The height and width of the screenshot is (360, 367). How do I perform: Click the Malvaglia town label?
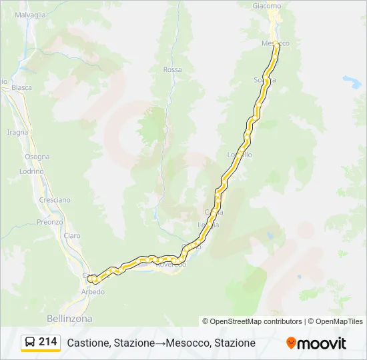(x=30, y=14)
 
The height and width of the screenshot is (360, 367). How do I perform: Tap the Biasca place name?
(x=21, y=87)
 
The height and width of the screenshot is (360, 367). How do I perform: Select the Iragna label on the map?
(x=17, y=132)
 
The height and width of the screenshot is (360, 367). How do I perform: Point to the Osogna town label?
(x=37, y=157)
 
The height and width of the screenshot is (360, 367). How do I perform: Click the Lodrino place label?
(x=31, y=171)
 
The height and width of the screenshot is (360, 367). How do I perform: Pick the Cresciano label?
(x=55, y=200)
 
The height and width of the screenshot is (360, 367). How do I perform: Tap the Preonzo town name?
(x=49, y=222)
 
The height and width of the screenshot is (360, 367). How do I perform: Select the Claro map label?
(x=71, y=235)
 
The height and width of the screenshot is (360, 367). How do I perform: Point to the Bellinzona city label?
(x=70, y=318)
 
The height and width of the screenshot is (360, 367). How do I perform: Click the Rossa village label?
(x=172, y=69)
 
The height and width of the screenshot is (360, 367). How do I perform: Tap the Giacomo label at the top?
(x=267, y=6)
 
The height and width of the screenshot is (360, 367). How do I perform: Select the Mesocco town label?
(x=275, y=43)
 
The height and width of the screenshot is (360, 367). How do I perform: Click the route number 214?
(x=48, y=342)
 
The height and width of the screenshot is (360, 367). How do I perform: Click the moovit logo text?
(x=322, y=343)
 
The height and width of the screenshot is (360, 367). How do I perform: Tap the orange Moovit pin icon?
(x=291, y=343)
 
